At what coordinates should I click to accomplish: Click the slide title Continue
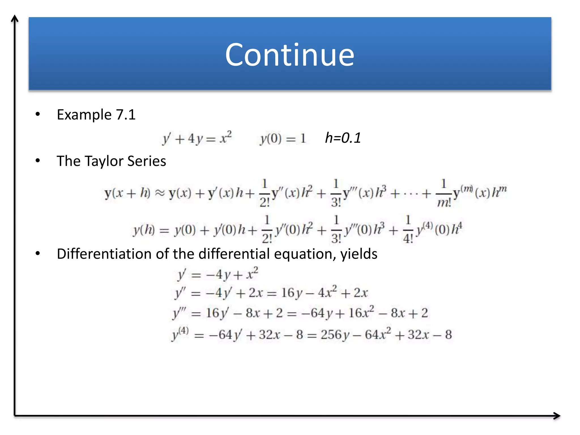tap(289, 55)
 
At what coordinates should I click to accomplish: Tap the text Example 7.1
tap(96, 115)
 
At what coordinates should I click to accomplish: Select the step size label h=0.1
tap(343, 138)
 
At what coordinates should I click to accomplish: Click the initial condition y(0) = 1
tap(283, 139)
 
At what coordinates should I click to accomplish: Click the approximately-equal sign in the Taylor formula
tap(159, 193)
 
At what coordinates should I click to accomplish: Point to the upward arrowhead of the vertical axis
tap(15, 18)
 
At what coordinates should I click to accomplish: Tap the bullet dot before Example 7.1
tap(38, 114)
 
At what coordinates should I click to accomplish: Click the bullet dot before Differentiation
tap(38, 253)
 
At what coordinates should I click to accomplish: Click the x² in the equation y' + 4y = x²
tap(226, 138)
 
